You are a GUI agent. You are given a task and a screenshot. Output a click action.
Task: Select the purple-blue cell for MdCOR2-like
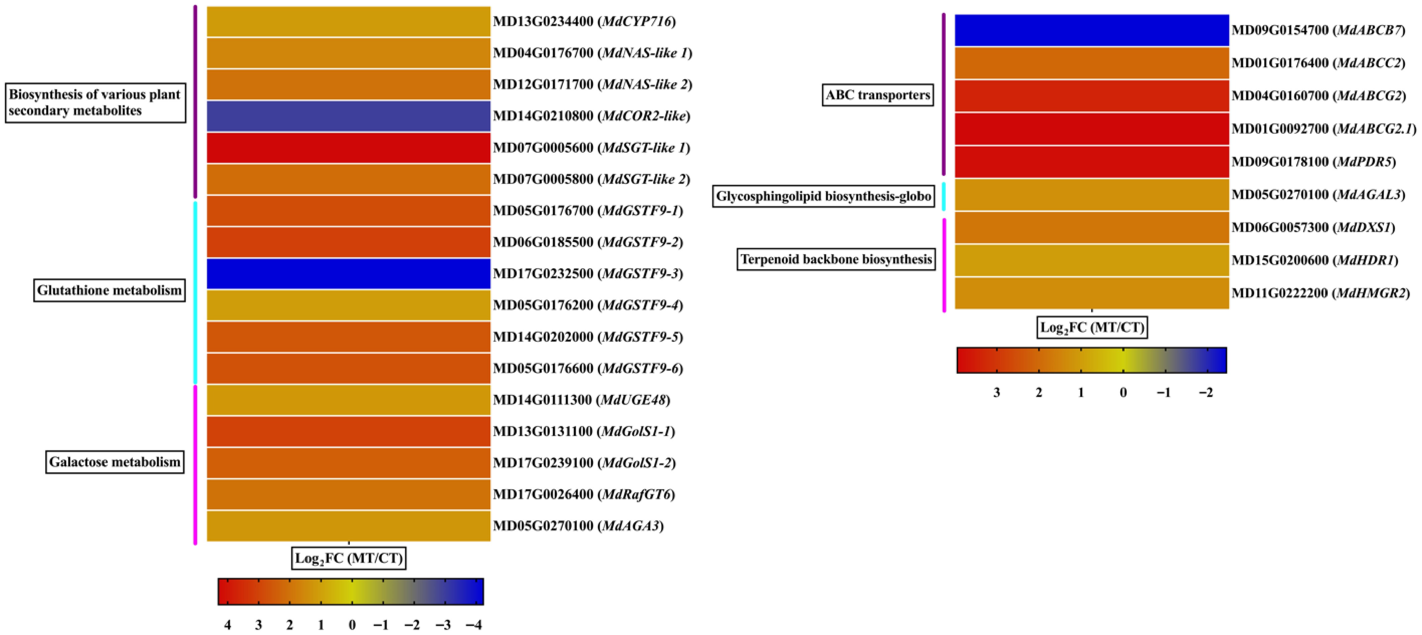coord(348,116)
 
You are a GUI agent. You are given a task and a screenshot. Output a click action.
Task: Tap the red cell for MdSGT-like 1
coord(348,147)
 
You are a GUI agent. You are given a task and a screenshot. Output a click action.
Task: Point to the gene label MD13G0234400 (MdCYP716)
coord(584,21)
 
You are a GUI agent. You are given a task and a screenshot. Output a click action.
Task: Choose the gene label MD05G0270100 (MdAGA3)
coord(578,526)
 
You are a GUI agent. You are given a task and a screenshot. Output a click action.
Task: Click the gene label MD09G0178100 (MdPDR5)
coord(1313,162)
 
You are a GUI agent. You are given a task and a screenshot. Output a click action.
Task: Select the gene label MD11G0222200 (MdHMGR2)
coord(1320,293)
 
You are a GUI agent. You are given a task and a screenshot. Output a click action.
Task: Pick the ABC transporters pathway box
coord(878,95)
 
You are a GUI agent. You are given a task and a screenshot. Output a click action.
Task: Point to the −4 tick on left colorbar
coord(474,625)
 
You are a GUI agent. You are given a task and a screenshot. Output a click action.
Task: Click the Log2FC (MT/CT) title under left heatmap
coord(348,558)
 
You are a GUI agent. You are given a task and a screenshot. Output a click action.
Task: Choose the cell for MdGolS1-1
coord(348,431)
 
